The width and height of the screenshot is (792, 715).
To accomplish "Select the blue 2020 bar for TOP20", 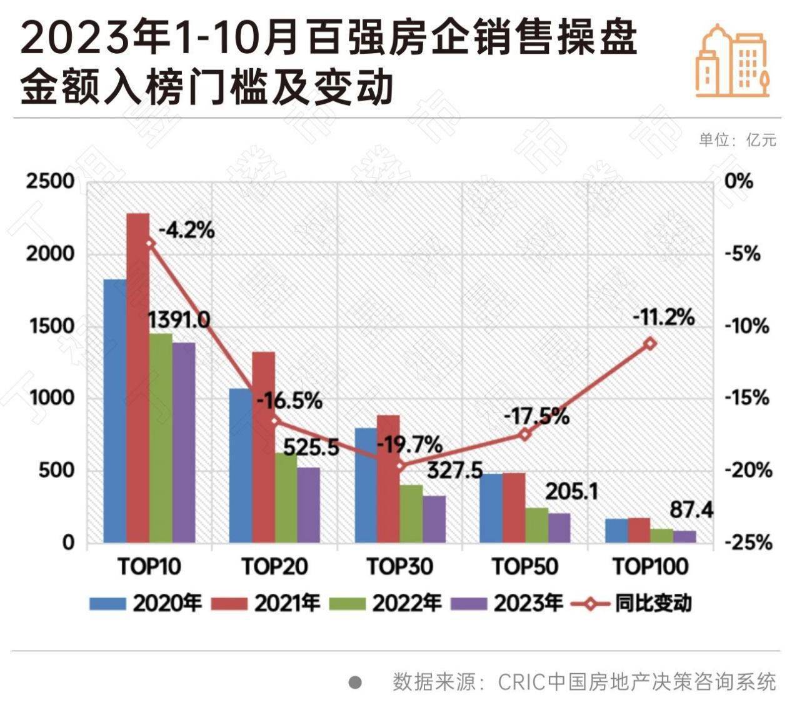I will [241, 465].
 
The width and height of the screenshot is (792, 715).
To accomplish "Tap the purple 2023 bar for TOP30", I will [434, 519].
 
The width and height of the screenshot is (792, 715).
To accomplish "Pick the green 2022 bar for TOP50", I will [537, 525].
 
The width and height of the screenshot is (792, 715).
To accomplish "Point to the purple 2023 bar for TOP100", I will [684, 536].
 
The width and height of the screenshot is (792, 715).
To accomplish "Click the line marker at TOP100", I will [651, 343].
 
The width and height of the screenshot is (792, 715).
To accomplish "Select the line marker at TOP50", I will [525, 434].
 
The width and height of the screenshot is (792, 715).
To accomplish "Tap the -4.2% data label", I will [186, 231].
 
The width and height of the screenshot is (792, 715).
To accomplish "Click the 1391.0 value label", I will [179, 319].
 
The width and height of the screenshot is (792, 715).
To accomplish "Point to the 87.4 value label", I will [691, 510].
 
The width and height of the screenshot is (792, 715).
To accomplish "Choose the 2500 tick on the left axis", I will [51, 181].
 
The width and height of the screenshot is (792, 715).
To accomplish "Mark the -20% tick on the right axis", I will [749, 470].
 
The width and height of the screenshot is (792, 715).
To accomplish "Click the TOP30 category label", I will [399, 567].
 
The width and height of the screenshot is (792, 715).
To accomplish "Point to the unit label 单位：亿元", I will [738, 139].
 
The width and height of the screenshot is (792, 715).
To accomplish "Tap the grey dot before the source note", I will [355, 682].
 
